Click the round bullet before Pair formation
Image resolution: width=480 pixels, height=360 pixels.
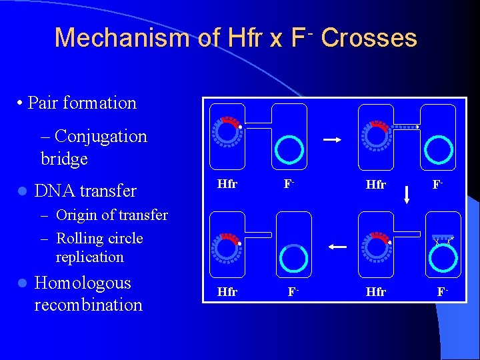21,103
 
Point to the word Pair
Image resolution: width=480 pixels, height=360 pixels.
43,103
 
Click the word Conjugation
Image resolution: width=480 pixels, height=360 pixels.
102,137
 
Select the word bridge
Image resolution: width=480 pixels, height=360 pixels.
64,159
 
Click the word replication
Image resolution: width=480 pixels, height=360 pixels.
90,257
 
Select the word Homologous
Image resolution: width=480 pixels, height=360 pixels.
83,283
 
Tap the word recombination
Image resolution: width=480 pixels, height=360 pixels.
88,305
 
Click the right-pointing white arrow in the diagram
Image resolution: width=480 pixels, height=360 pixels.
333,140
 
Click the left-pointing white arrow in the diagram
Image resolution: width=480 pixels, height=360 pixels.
337,247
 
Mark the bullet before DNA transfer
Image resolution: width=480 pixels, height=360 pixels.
22,191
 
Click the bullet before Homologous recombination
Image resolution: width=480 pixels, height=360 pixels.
22,284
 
